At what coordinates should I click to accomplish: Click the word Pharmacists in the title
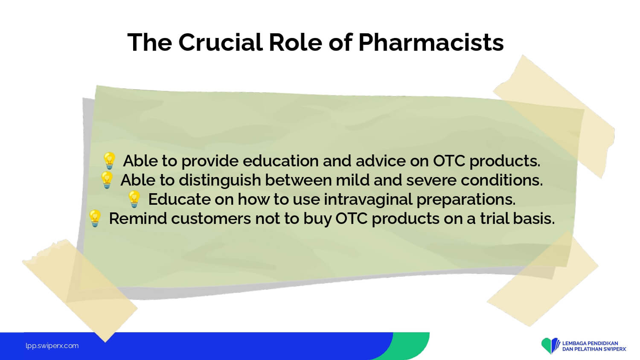tap(431, 43)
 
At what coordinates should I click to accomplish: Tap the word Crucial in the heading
tap(221, 42)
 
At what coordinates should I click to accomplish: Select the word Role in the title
tap(296, 42)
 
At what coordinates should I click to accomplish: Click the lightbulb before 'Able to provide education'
tap(109, 160)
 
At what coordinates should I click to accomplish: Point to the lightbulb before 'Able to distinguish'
tap(107, 180)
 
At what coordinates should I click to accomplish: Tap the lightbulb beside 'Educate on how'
tap(134, 199)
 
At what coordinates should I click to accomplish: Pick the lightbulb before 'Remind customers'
tap(95, 218)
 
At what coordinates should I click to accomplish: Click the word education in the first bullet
tap(280, 161)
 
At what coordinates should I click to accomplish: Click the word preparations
tap(466, 200)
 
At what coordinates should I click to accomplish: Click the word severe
tap(431, 180)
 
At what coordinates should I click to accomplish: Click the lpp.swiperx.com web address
tap(52, 346)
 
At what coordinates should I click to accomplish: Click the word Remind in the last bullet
tap(138, 218)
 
